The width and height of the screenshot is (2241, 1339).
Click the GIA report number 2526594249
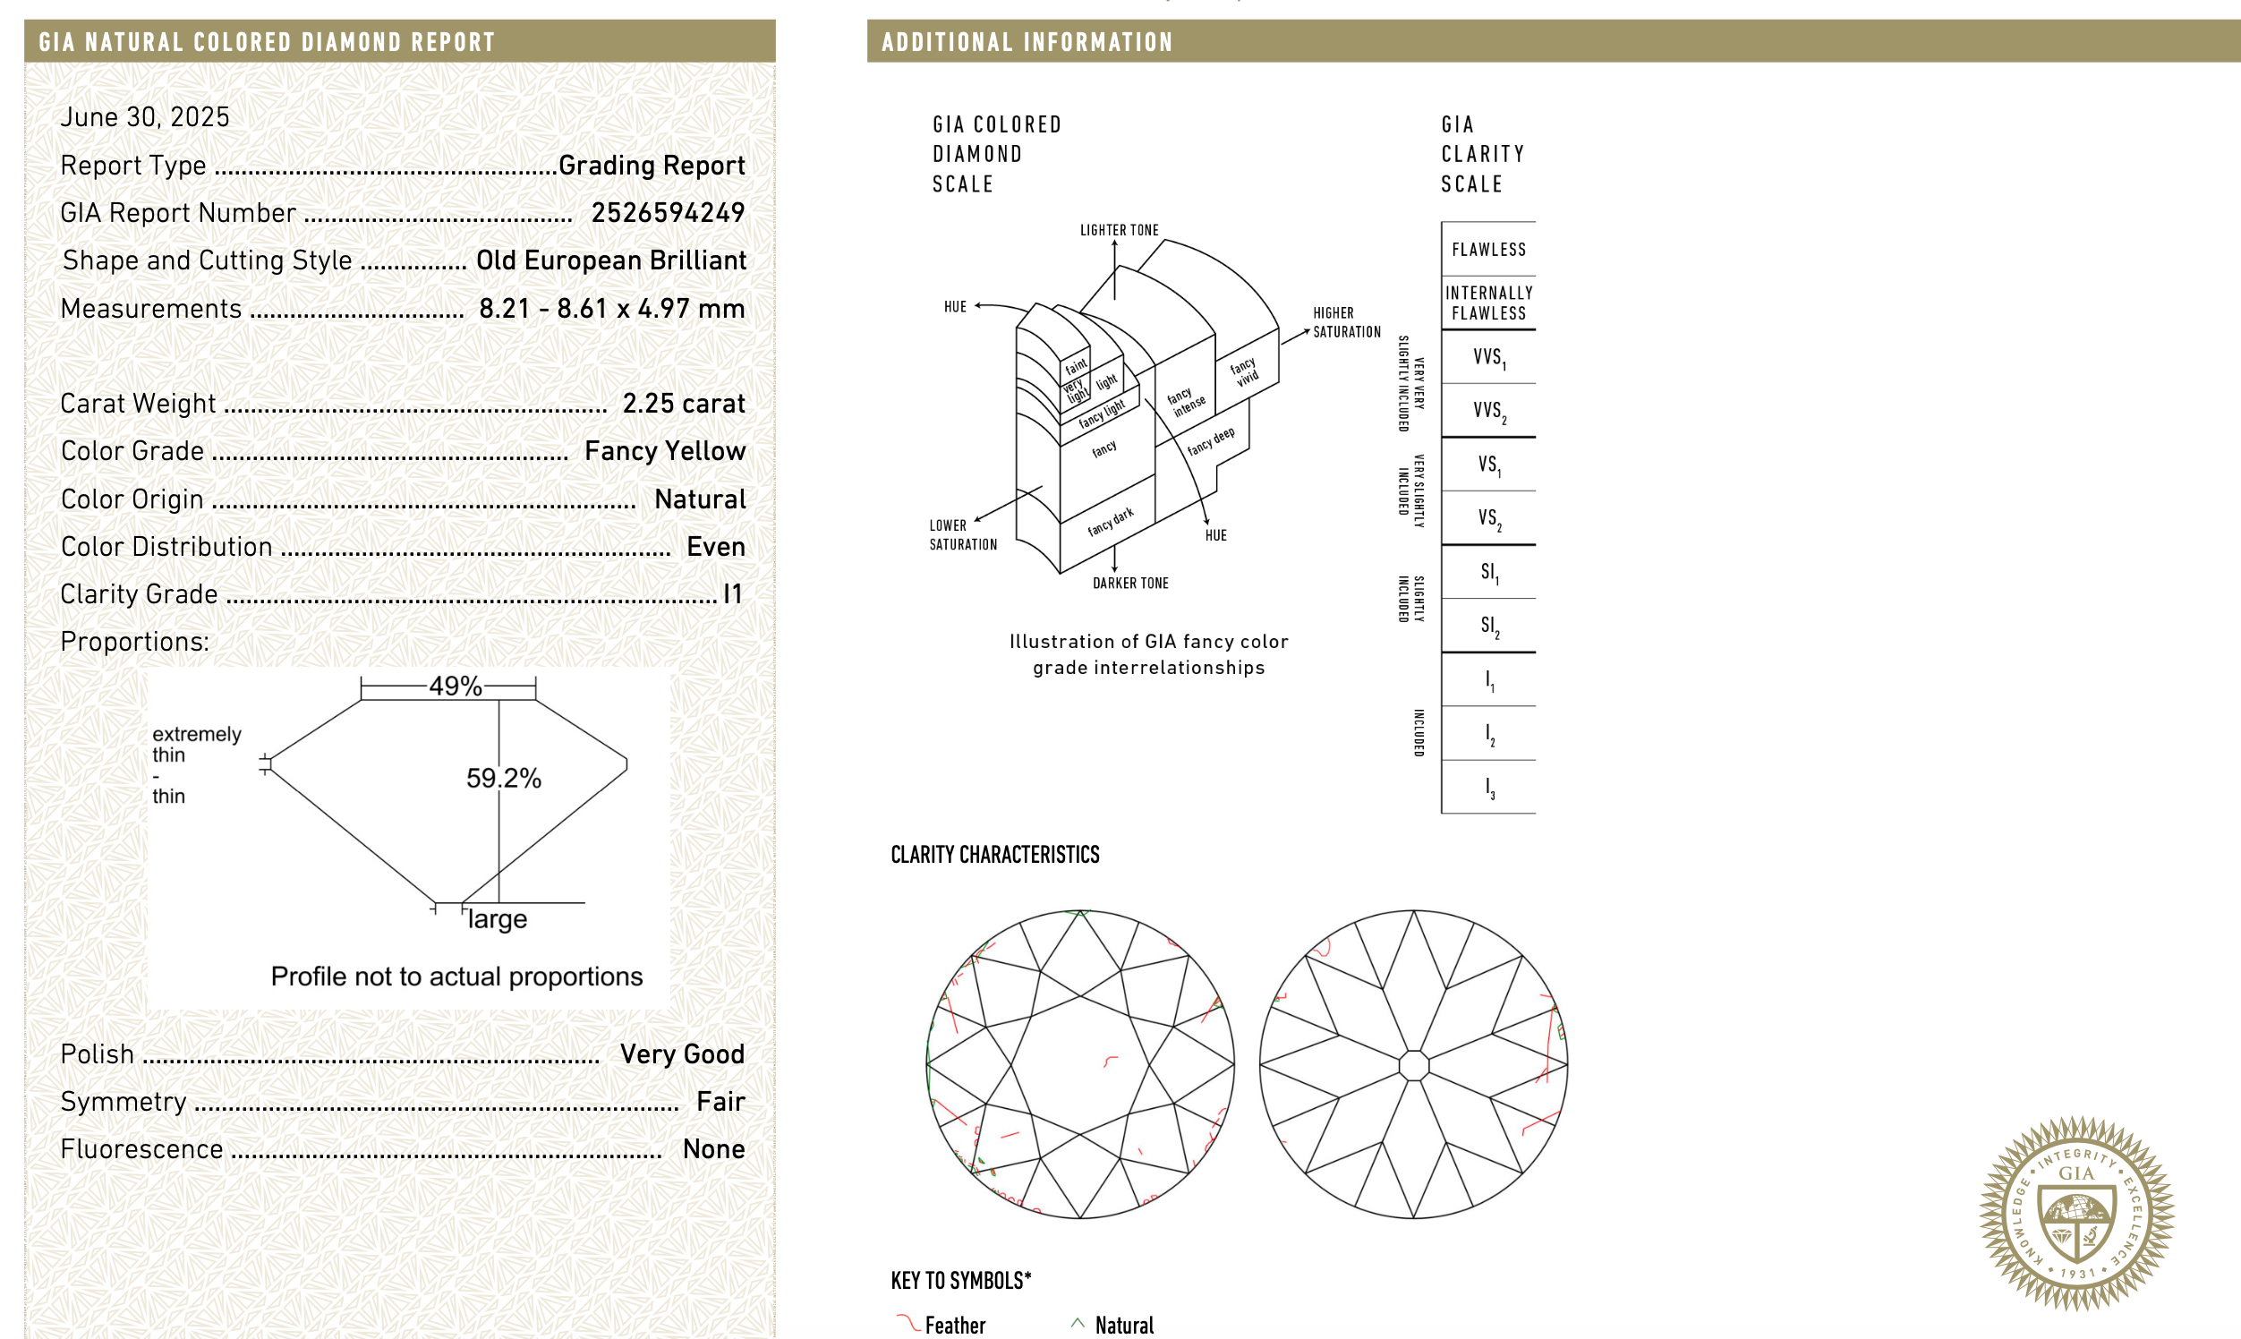point(667,213)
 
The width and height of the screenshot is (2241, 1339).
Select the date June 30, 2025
point(145,117)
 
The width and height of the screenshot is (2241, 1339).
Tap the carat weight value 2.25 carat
point(683,404)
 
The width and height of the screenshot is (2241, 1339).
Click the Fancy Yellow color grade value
point(664,451)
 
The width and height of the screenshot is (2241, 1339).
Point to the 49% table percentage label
point(455,687)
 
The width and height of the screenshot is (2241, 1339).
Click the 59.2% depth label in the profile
point(503,778)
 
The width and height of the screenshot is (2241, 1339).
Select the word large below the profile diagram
point(497,919)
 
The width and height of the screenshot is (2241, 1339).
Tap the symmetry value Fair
point(720,1102)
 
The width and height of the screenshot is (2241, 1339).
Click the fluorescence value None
point(712,1149)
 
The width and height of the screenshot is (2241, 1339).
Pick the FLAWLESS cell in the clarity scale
point(1487,250)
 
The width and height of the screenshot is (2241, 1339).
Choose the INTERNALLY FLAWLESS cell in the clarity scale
point(1487,303)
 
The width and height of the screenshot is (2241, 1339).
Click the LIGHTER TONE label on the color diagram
point(1119,231)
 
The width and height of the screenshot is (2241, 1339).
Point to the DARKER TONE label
point(1129,584)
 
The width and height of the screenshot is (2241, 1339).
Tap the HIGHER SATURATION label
point(1345,323)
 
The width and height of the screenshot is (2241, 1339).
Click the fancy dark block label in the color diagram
point(1110,523)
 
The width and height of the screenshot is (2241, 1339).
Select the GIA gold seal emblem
point(2076,1213)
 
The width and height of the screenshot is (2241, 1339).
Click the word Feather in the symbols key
point(955,1325)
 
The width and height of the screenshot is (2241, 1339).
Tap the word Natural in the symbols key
point(1123,1325)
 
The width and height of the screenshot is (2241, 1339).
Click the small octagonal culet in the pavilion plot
point(1413,1065)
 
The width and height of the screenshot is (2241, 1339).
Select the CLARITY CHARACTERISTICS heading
point(994,856)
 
